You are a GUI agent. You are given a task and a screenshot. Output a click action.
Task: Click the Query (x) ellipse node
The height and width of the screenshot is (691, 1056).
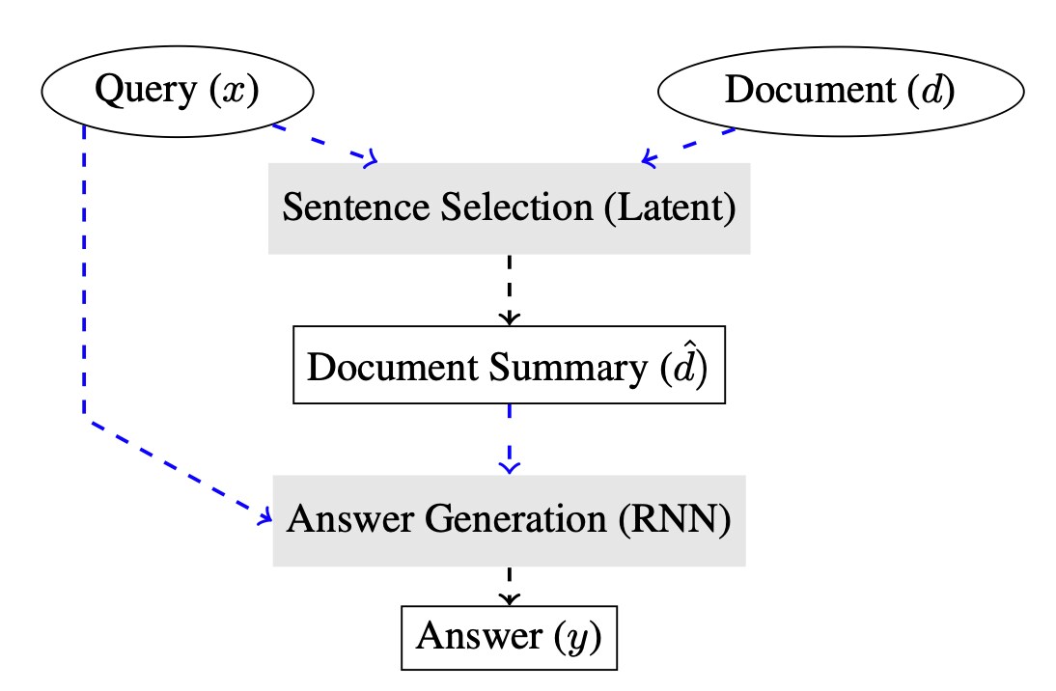178,91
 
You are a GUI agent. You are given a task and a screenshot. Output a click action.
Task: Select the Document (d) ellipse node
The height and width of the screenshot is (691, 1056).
840,91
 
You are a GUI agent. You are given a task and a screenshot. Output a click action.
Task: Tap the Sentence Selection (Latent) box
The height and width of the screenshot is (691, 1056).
509,208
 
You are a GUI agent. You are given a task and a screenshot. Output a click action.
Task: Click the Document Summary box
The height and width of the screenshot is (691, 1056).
509,368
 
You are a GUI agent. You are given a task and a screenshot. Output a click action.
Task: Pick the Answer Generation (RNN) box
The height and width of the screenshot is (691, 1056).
509,520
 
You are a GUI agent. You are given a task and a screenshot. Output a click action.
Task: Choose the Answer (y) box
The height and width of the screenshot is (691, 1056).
509,637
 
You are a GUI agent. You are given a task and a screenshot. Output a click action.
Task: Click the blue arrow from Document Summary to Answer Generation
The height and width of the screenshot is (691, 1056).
509,439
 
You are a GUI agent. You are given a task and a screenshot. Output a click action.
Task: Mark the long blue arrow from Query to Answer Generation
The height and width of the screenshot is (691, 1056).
85,290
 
